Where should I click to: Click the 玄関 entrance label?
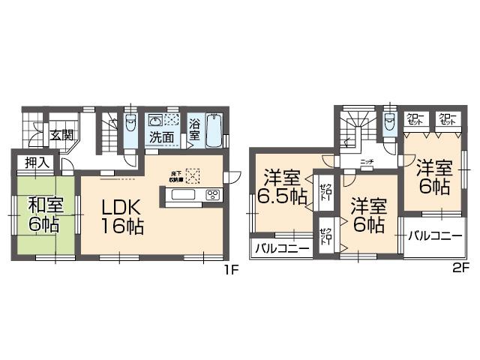[x=61, y=136]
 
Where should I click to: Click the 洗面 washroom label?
[x=161, y=138]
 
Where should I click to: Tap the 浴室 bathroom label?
[x=194, y=130]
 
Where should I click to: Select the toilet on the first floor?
[x=131, y=124]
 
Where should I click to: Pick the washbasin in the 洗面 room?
[x=155, y=121]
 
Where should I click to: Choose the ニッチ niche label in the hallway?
[x=367, y=161]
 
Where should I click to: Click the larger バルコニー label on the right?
[x=435, y=235]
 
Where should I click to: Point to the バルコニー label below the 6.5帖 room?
[x=281, y=248]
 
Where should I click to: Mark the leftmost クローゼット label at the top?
[x=415, y=118]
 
